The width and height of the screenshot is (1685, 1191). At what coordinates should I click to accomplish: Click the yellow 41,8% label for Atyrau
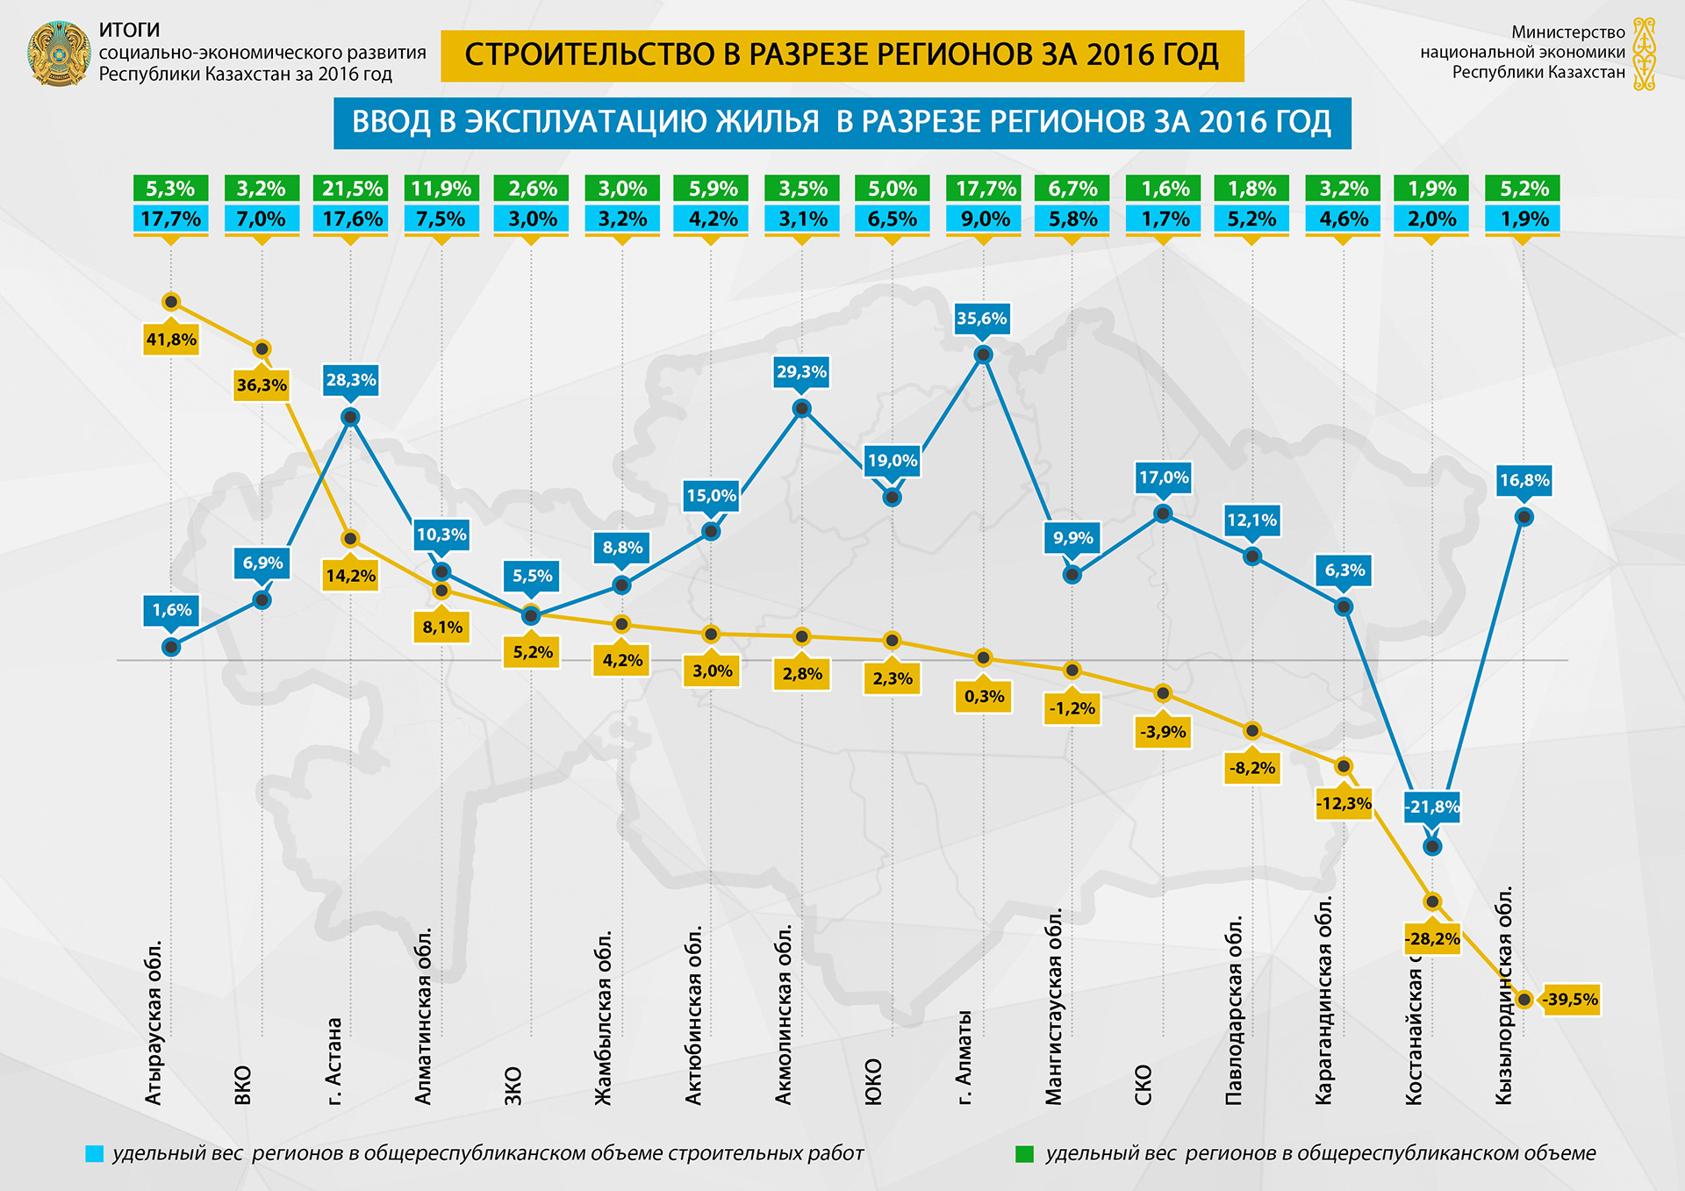point(171,340)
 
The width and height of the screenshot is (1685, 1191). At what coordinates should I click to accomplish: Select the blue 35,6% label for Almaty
point(982,319)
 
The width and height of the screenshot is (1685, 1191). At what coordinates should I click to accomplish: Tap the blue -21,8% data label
point(1432,807)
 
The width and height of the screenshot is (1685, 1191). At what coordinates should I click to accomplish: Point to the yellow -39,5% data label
point(1570,1000)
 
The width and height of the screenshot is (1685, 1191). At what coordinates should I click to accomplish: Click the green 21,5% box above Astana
point(352,189)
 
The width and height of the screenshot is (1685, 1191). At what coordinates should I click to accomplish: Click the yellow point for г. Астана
point(350,539)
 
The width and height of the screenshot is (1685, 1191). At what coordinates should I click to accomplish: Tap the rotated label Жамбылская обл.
point(604,1018)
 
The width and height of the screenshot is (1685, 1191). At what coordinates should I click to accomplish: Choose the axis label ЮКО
point(873,1082)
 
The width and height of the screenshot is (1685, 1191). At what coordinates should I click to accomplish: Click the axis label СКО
point(1143,1085)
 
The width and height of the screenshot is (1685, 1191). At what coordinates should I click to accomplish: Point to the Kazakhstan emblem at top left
point(59,54)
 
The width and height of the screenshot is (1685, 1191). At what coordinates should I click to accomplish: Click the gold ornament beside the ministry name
point(1644,54)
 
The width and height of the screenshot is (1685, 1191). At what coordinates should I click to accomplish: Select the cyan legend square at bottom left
point(94,1154)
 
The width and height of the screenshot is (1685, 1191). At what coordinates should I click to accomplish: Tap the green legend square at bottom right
point(1024,1154)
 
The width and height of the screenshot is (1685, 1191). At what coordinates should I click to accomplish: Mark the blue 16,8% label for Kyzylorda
point(1524,480)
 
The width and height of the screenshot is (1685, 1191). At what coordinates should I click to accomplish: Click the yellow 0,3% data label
point(984,696)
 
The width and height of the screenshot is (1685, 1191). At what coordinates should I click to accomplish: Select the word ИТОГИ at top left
point(129,31)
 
